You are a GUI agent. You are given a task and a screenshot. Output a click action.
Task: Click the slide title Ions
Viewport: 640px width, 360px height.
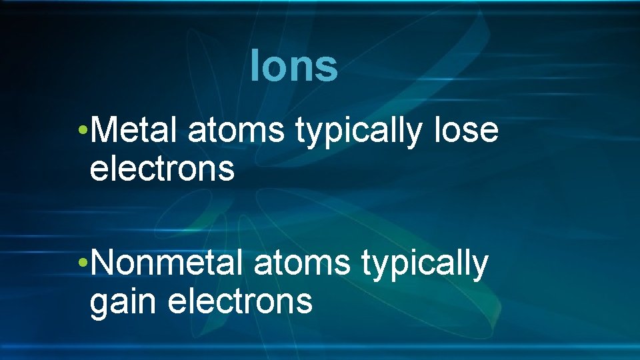294,66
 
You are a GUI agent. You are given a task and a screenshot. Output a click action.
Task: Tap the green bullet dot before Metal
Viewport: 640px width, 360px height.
81,129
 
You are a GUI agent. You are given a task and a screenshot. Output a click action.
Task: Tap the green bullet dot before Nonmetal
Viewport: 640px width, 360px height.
81,262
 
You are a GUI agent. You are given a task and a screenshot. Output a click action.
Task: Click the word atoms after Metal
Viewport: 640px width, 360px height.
236,131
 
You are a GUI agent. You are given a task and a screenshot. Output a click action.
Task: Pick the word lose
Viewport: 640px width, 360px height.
466,129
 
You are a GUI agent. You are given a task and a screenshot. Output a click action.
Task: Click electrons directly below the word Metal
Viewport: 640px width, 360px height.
162,168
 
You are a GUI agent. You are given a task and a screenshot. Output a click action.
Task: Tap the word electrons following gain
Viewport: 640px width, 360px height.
240,301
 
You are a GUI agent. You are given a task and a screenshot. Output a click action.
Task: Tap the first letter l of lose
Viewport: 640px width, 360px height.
437,129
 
